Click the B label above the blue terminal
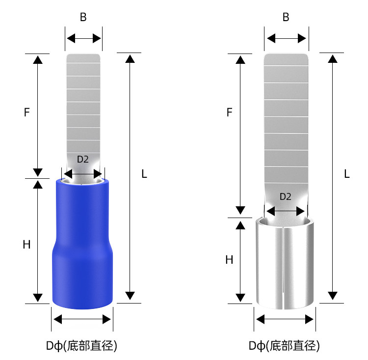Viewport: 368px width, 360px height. [83, 17]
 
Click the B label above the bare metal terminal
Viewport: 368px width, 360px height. [286, 17]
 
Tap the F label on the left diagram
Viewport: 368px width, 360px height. [27, 112]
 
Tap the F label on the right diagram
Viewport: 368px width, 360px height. [229, 112]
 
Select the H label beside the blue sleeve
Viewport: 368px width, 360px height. [27, 245]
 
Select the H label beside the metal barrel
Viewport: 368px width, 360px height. [229, 260]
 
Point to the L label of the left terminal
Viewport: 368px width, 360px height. [144, 174]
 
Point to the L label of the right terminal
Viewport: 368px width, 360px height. [347, 174]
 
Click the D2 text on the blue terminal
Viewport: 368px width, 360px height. [83, 159]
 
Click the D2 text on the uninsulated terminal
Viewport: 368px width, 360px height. [286, 196]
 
